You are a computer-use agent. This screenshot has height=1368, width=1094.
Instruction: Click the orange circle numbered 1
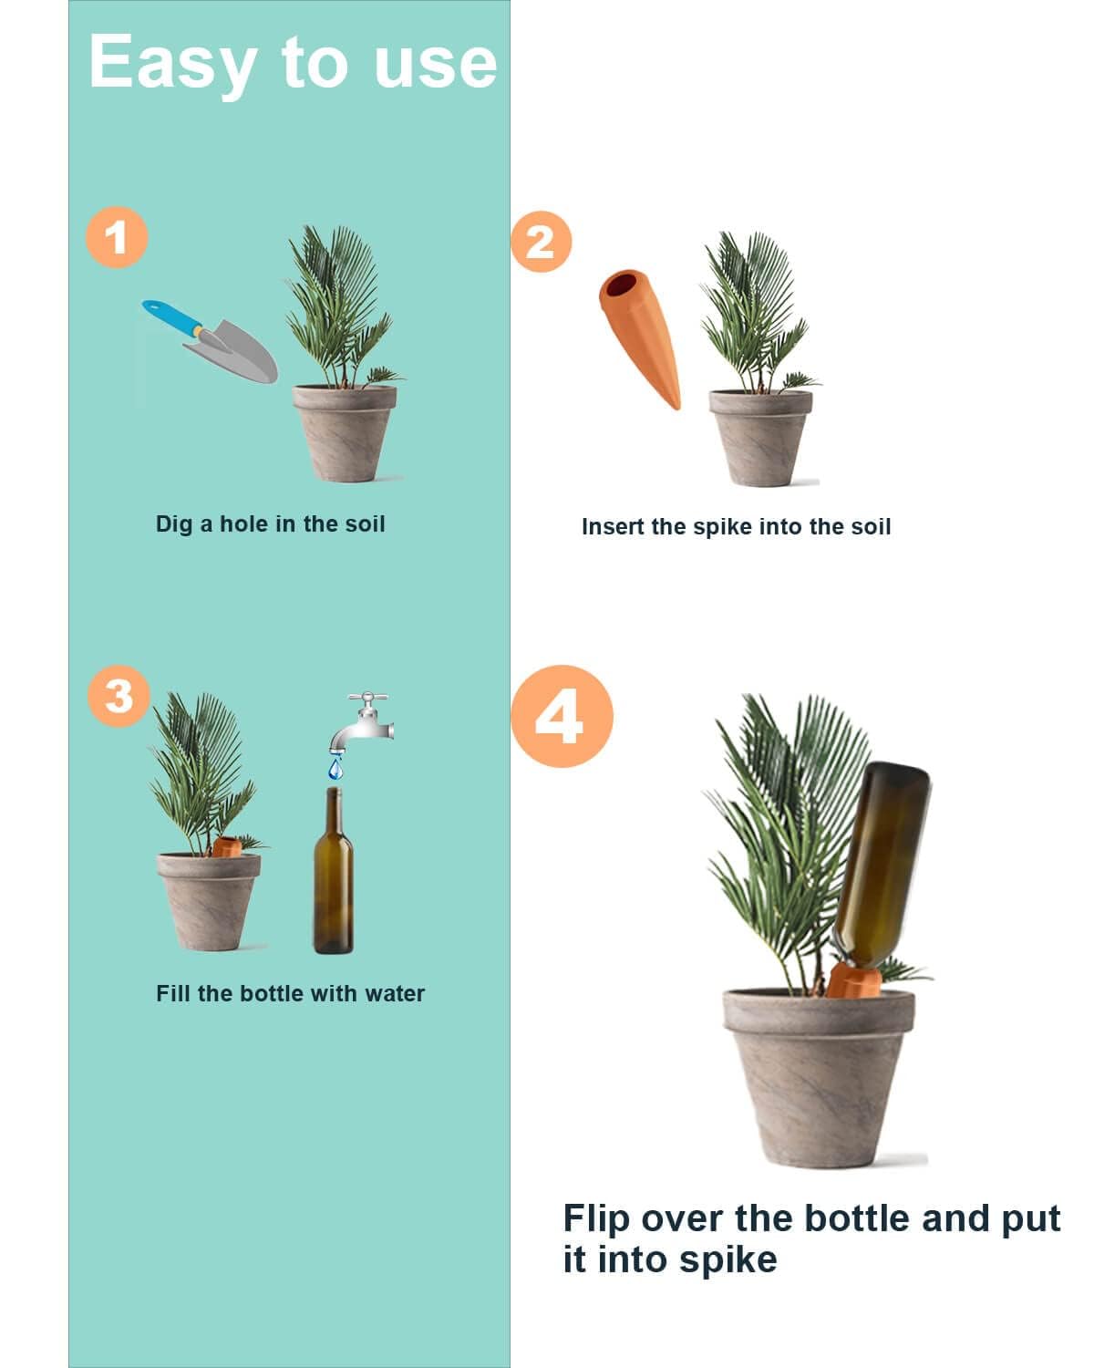(117, 237)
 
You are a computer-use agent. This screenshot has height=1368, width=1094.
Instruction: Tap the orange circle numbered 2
(541, 242)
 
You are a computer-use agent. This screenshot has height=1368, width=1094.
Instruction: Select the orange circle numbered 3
(119, 697)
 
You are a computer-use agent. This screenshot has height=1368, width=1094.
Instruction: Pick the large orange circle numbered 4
(561, 716)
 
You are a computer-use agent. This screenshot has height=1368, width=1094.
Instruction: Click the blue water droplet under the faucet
(336, 770)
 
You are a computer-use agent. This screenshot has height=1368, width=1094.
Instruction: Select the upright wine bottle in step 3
(334, 880)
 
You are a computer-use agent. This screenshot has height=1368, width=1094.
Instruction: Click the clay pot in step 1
(345, 433)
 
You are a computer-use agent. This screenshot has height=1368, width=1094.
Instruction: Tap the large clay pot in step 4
(818, 1076)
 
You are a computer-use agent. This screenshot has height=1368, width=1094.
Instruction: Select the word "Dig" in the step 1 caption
(173, 524)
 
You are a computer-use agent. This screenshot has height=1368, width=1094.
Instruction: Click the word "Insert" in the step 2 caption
(614, 526)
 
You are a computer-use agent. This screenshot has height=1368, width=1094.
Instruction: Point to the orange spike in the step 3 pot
(226, 847)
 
